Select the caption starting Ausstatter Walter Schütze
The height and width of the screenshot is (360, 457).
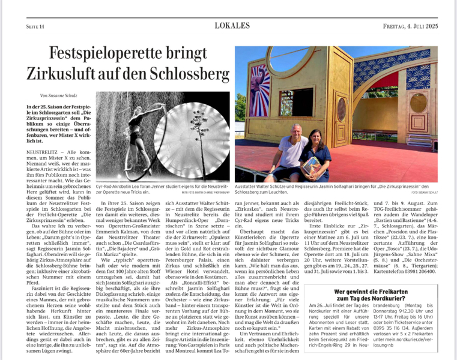[x=336, y=186]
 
